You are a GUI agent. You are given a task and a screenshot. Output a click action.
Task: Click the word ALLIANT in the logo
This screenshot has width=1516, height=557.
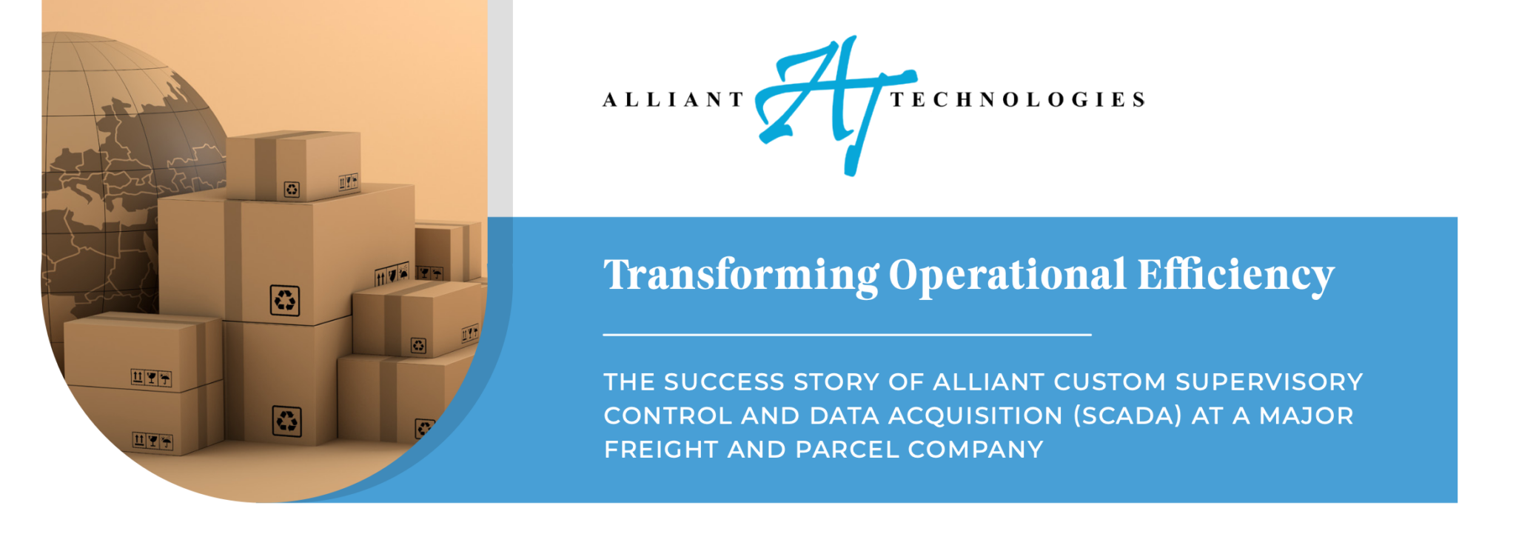tap(673, 100)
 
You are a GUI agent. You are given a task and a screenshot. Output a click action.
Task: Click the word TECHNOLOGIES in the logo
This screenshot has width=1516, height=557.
tap(1018, 100)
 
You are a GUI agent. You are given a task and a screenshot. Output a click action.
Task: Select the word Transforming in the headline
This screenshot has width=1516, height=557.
tap(741, 276)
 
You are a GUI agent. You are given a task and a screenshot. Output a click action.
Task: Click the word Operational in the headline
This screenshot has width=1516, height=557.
tap(1007, 276)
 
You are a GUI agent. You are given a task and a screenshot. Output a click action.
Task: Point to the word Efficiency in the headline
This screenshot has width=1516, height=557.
tap(1235, 276)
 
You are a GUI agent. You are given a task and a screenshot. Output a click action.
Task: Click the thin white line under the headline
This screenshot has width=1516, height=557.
tap(847, 335)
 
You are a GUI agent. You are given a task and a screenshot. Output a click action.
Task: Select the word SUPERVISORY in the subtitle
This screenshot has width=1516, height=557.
tap(1269, 382)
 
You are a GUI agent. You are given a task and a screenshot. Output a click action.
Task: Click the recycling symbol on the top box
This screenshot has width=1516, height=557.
tap(292, 190)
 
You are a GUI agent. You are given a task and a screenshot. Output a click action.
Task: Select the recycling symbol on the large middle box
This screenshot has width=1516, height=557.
tap(285, 301)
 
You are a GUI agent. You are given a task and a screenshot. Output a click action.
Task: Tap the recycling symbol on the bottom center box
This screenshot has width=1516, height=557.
tap(286, 421)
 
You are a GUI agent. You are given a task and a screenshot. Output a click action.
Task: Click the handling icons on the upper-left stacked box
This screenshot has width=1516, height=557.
tap(151, 378)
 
